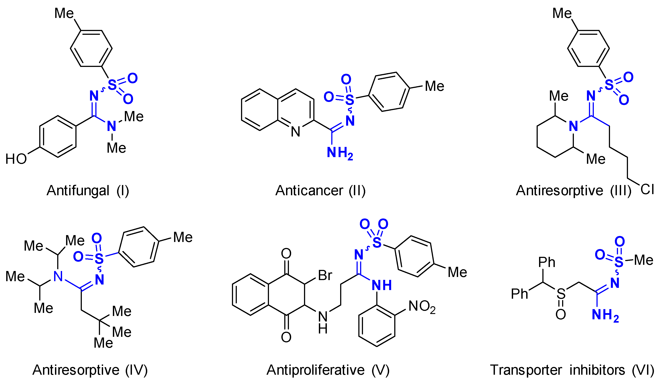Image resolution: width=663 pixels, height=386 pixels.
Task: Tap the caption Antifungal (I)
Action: (88, 191)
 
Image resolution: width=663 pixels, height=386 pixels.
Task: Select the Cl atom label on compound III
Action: (647, 189)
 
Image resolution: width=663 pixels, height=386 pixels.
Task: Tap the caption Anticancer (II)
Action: (320, 191)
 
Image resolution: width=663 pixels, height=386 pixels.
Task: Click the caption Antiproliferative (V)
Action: (328, 370)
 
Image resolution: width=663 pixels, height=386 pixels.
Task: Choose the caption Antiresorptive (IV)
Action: (90, 370)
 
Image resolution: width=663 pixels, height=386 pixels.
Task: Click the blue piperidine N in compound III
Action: (574, 127)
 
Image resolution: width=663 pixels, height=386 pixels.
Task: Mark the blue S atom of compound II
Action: (350, 100)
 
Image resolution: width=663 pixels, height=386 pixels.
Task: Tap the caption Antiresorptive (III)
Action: (574, 191)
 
